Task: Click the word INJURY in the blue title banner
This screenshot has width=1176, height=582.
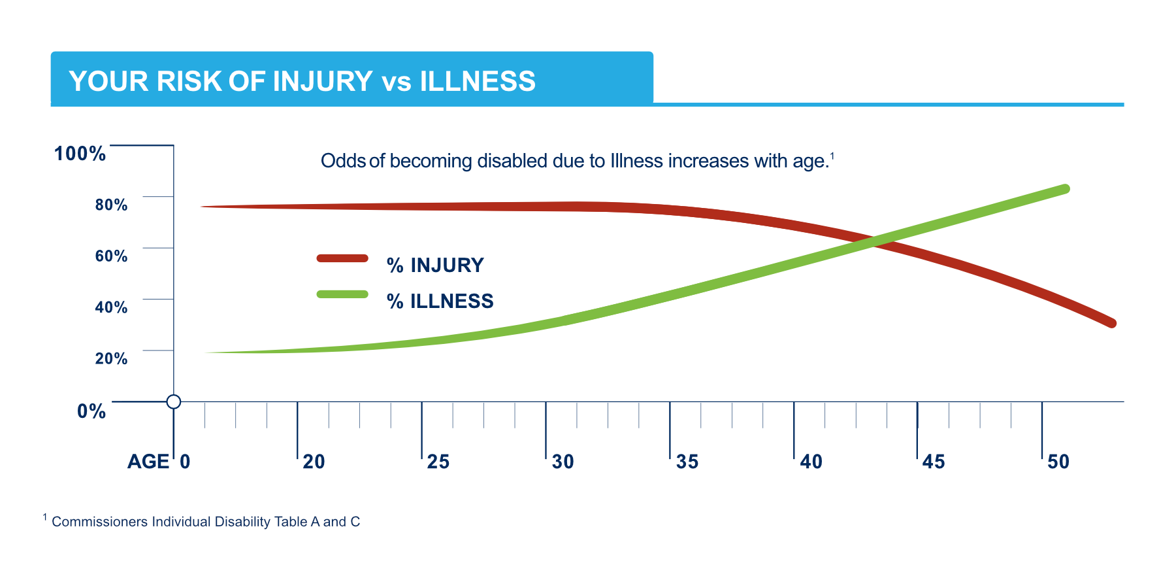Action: click(x=322, y=82)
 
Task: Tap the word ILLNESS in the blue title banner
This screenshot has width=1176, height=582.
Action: click(x=477, y=82)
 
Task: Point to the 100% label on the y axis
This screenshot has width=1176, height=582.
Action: click(x=80, y=154)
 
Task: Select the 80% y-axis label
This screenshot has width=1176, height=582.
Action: click(x=111, y=205)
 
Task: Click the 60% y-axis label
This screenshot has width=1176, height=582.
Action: click(x=111, y=256)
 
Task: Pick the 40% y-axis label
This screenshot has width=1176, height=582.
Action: click(x=111, y=307)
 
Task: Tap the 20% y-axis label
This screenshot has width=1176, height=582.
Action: click(x=111, y=358)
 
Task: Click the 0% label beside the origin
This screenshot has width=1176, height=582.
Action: click(x=91, y=411)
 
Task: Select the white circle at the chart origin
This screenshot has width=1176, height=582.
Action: click(x=174, y=402)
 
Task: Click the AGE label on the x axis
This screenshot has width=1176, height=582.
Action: click(x=148, y=462)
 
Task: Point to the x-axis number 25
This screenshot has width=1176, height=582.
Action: click(x=438, y=462)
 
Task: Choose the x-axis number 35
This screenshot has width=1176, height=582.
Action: click(x=687, y=462)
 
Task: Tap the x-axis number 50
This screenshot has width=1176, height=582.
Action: click(x=1058, y=462)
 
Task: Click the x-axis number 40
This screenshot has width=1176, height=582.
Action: click(x=811, y=462)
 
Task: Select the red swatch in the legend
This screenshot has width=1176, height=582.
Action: click(x=342, y=258)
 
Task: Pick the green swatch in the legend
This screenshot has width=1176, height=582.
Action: click(x=342, y=294)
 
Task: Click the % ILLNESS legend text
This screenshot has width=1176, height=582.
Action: click(x=440, y=301)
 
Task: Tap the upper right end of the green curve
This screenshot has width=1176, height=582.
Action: click(x=1064, y=189)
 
